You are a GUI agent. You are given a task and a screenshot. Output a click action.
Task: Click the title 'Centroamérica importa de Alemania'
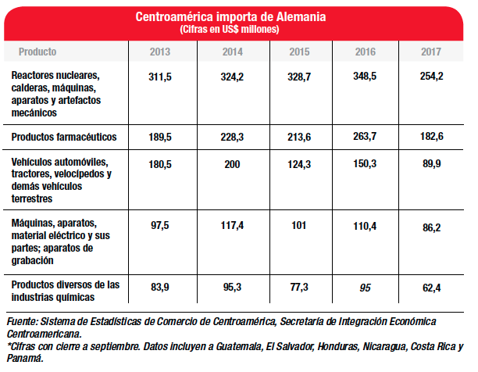click(231, 16)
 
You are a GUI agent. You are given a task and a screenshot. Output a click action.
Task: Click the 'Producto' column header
click(37, 52)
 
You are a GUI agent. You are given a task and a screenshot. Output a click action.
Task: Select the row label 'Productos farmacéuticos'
click(64, 137)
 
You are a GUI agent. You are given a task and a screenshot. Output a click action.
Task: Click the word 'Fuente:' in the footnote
click(23, 321)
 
